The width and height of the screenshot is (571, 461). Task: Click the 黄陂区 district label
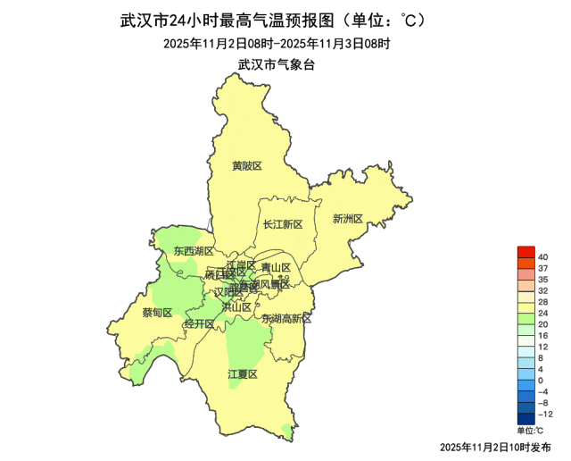click(247, 166)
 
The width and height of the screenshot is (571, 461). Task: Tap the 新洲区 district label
click(348, 219)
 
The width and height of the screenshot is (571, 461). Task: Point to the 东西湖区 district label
click(194, 251)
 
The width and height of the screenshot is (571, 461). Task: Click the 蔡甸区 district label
click(157, 313)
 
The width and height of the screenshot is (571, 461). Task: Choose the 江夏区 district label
click(243, 374)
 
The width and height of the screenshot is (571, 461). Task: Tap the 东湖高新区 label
click(286, 319)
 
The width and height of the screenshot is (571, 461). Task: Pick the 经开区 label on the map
click(198, 323)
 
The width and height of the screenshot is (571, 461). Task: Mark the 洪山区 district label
click(236, 307)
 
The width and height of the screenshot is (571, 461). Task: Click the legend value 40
click(542, 257)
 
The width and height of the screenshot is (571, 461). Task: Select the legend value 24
click(542, 314)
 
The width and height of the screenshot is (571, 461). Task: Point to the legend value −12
click(546, 415)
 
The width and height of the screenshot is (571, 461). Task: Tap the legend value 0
click(541, 381)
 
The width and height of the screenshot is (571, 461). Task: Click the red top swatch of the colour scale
click(525, 252)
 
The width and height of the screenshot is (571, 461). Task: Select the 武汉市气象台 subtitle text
click(277, 64)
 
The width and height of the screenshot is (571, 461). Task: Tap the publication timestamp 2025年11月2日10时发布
click(496, 446)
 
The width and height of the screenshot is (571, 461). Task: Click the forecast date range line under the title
click(277, 43)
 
